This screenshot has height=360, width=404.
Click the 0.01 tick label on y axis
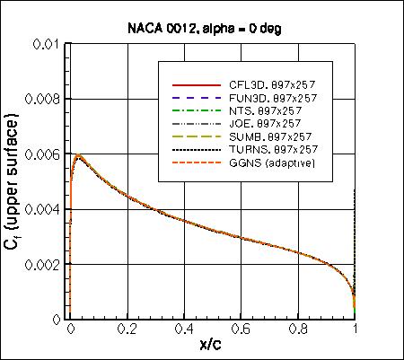48,44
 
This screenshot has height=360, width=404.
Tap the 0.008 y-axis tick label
45,100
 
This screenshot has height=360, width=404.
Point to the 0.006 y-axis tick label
45,154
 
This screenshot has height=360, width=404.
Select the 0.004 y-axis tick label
45,209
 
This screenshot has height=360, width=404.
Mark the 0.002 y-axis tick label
45,265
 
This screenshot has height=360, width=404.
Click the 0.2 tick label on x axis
127,329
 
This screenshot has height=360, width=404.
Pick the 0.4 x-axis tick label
185,329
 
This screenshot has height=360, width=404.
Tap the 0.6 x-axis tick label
242,329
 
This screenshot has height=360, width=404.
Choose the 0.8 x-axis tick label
300,329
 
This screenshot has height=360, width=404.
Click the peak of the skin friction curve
80,156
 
